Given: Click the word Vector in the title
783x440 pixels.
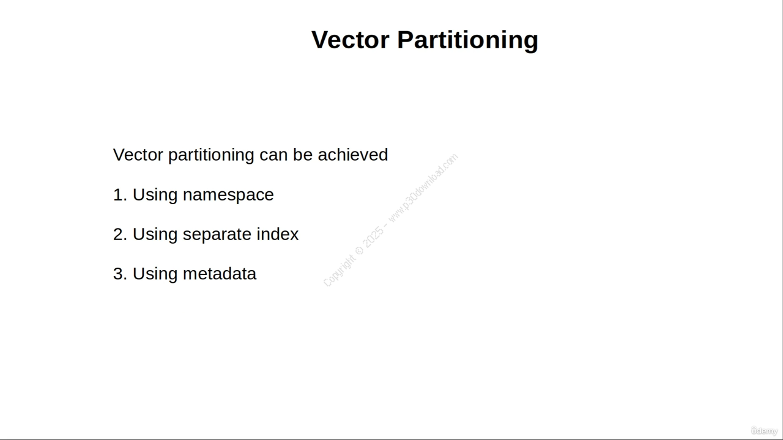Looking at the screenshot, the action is (351, 40).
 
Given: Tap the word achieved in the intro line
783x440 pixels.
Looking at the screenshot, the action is (353, 155).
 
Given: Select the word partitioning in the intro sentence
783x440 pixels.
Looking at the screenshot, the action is (211, 155).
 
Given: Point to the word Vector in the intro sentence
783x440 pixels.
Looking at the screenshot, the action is (138, 155).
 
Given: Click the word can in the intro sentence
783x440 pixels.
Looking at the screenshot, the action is (273, 156).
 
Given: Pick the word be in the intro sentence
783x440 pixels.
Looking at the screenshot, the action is (303, 155).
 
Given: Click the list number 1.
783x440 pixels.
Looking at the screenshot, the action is (120, 195).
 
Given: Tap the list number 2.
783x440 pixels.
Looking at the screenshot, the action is (120, 234).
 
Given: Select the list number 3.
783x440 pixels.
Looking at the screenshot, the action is (120, 274).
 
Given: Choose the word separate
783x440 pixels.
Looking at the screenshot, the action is (217, 235).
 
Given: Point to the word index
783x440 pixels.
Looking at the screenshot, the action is (278, 234).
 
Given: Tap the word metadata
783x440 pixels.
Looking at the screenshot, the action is (220, 274).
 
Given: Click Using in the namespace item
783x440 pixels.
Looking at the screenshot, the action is (155, 196).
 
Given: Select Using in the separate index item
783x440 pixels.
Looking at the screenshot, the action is (155, 235).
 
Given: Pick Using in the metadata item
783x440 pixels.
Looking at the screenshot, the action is (155, 274).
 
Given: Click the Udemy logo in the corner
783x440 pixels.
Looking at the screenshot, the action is (765, 431).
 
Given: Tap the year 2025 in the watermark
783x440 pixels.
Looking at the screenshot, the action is (373, 238).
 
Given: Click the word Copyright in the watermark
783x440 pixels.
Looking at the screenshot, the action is (339, 271).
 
